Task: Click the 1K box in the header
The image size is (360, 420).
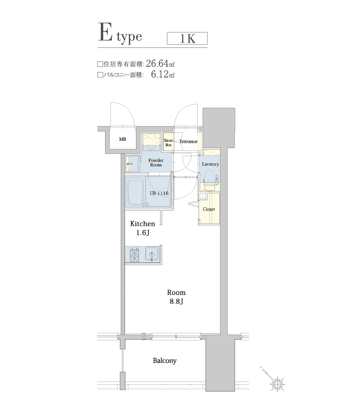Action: (187, 38)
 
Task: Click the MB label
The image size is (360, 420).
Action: (123, 140)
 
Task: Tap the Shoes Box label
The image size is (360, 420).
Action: (168, 143)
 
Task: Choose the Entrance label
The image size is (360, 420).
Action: (188, 142)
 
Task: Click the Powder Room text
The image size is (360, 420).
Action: (156, 162)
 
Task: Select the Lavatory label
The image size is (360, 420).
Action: (210, 164)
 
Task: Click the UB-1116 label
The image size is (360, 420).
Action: (159, 193)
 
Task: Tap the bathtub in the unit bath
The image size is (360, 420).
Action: (135, 192)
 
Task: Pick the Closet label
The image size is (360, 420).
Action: (209, 209)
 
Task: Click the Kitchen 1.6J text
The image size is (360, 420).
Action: (142, 228)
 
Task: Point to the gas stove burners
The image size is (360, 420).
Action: (134, 255)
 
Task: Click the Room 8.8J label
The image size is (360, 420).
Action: (176, 297)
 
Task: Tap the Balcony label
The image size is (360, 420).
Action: (165, 361)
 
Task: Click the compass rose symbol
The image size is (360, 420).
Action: (277, 383)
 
